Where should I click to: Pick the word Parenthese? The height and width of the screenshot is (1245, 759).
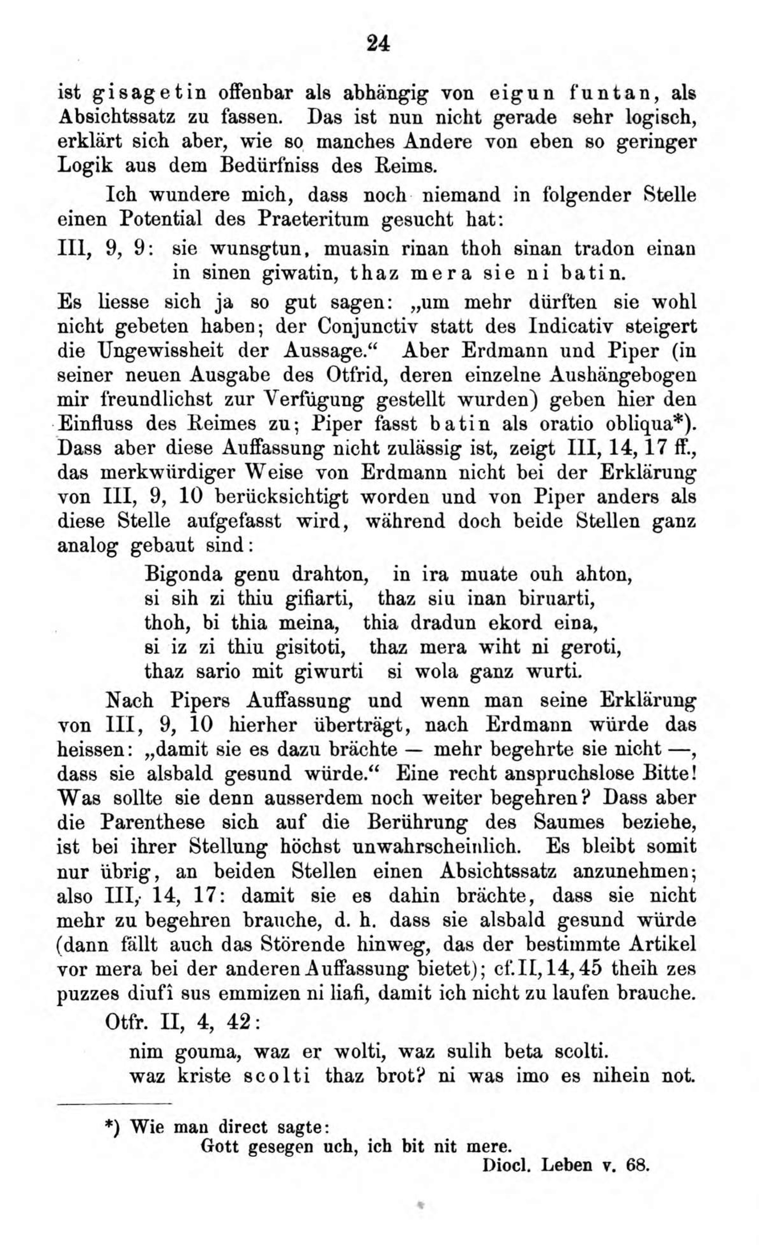pyautogui.click(x=152, y=822)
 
